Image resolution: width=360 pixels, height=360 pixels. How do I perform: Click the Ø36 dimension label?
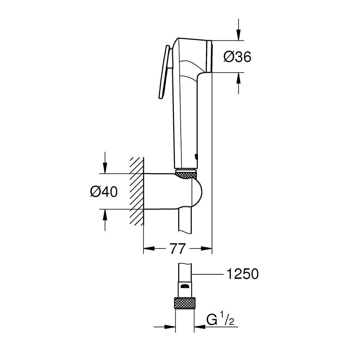coord(237,57)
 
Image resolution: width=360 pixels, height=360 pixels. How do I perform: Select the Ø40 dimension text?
coord(104,192)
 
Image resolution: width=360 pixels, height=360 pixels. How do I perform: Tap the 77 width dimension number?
coord(177,249)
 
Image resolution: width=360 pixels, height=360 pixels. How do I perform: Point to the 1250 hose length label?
coord(242,274)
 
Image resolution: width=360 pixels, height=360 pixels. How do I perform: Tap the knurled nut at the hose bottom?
coord(185,303)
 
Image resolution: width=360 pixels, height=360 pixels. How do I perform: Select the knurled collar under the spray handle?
coord(186,174)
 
